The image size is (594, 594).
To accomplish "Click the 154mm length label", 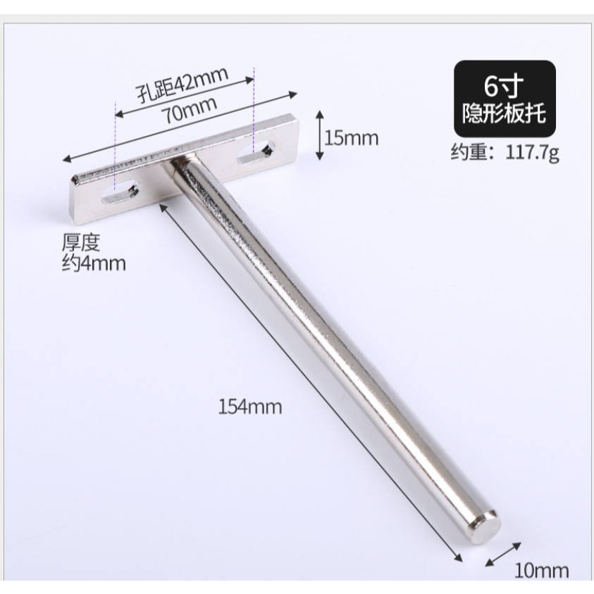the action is (x=250, y=407).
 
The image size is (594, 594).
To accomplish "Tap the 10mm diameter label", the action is (x=541, y=571).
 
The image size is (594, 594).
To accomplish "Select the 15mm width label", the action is (x=351, y=138).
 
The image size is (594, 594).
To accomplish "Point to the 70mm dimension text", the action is (x=189, y=110).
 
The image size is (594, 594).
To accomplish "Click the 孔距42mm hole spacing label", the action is (x=182, y=85).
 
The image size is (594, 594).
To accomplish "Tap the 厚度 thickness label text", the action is (x=81, y=242).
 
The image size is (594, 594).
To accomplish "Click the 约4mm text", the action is (x=94, y=264).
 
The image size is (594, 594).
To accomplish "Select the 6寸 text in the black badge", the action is (x=505, y=86).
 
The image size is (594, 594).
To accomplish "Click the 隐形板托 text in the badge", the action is (x=505, y=113).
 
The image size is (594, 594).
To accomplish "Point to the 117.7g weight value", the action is (x=532, y=152).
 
